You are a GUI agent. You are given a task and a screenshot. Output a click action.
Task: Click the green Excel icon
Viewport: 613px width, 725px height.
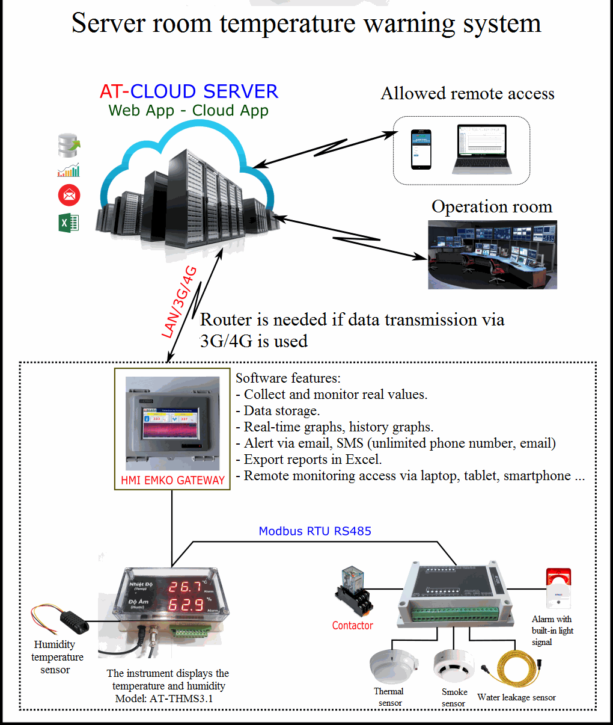click(x=69, y=223)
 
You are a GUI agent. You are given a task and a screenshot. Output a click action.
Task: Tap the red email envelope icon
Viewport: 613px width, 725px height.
click(x=69, y=196)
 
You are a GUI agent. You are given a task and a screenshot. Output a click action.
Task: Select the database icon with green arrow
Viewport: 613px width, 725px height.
click(x=69, y=145)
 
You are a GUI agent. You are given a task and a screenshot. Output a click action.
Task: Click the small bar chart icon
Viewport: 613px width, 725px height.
click(x=69, y=171)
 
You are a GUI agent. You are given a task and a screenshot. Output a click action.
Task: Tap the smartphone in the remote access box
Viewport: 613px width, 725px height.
click(x=421, y=149)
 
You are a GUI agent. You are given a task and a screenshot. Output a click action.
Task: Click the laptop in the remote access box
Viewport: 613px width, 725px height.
click(x=481, y=150)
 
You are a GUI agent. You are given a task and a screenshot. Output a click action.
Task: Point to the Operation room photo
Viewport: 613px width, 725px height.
click(x=492, y=255)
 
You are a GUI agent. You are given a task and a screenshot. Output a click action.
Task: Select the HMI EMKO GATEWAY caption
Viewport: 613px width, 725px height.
click(x=172, y=480)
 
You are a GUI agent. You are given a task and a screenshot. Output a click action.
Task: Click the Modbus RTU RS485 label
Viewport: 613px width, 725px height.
click(x=315, y=531)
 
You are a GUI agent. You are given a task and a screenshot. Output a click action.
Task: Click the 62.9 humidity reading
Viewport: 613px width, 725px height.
click(x=185, y=605)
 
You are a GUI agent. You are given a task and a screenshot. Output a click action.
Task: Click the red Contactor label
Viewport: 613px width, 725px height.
click(x=352, y=626)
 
